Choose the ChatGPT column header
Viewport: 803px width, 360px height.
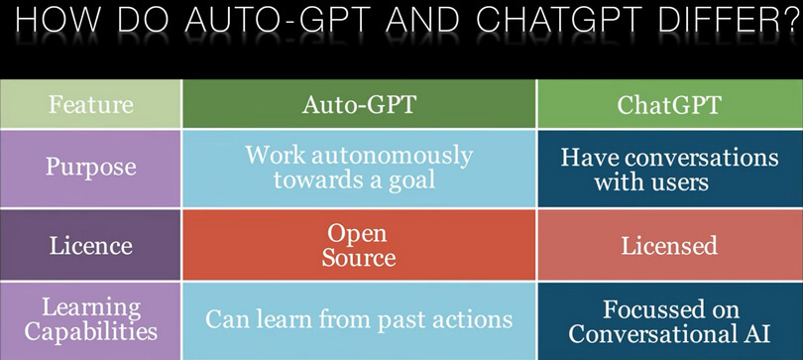pos(669,104)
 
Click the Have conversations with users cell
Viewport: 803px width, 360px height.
pos(669,169)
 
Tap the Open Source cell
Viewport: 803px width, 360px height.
pos(358,245)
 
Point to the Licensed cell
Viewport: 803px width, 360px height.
pos(669,245)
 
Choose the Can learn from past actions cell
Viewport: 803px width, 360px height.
pos(358,320)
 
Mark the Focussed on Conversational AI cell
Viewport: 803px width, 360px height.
pos(669,319)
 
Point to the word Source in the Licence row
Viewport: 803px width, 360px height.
pos(358,258)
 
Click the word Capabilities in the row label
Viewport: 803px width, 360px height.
pos(91,332)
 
